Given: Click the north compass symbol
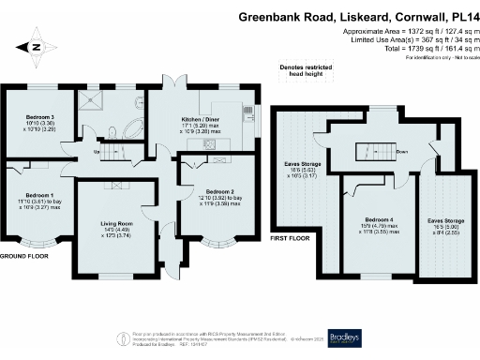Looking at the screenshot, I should [x=36, y=45].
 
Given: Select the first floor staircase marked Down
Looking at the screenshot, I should [x=367, y=151].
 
